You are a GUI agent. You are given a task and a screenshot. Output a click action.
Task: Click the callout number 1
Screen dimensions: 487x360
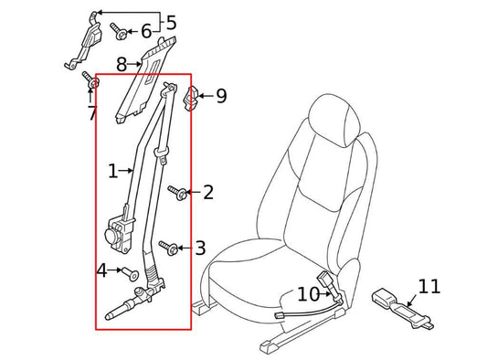[x=113, y=172]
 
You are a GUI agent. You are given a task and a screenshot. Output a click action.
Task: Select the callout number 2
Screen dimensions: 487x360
[x=208, y=193]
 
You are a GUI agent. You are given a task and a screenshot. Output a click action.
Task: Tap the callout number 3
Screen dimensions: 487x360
[x=200, y=248]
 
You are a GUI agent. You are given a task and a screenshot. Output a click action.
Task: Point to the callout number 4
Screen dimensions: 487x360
[x=102, y=270]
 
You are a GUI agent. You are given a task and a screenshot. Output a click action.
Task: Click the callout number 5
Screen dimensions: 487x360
[x=170, y=23]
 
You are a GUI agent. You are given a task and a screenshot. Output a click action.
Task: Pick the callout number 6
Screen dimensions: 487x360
[x=145, y=32]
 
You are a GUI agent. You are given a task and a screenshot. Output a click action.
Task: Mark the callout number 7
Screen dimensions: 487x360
[x=91, y=112]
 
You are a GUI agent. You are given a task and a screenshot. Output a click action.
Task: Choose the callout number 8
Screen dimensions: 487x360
[x=122, y=65]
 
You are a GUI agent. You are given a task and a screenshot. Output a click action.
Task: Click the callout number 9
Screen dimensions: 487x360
[x=221, y=96]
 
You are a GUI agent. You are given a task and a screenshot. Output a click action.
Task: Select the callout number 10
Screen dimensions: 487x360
[x=308, y=294]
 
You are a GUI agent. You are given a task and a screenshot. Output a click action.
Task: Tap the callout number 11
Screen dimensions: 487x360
[x=429, y=287]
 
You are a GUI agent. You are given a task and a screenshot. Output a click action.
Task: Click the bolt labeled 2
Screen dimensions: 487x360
[x=179, y=193]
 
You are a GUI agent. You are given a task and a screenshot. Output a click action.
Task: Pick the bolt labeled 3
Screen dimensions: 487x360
[x=167, y=247]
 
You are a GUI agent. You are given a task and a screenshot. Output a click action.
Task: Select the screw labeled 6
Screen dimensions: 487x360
[x=121, y=32]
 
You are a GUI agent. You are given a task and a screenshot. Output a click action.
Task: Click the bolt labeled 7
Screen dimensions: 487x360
[x=90, y=80]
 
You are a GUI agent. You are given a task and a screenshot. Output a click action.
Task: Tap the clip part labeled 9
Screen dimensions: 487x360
[x=194, y=96]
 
